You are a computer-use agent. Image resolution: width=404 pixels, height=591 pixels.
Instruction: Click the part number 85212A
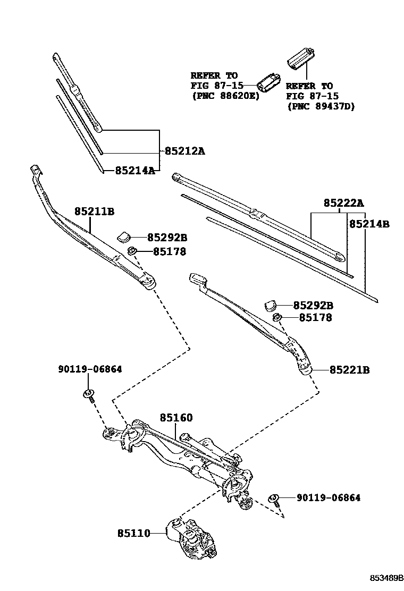click(184, 151)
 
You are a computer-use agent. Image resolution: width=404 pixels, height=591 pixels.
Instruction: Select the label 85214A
click(134, 171)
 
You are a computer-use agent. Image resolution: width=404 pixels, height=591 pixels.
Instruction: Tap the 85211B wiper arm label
click(94, 212)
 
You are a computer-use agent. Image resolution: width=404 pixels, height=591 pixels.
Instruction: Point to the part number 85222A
click(343, 203)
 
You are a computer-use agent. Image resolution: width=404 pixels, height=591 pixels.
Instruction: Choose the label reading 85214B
click(369, 224)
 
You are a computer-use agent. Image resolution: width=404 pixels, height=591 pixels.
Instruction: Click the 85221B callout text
click(349, 370)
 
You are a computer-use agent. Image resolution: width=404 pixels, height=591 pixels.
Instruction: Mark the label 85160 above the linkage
click(176, 418)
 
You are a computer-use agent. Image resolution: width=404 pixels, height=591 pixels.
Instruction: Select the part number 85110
click(134, 532)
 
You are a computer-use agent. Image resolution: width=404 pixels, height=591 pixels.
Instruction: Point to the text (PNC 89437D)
click(321, 106)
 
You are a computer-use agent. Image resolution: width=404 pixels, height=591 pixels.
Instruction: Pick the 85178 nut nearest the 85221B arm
click(277, 318)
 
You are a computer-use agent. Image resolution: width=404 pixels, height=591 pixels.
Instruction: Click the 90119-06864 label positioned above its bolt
click(89, 369)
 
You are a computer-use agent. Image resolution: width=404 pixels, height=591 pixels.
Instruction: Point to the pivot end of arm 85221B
click(305, 368)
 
